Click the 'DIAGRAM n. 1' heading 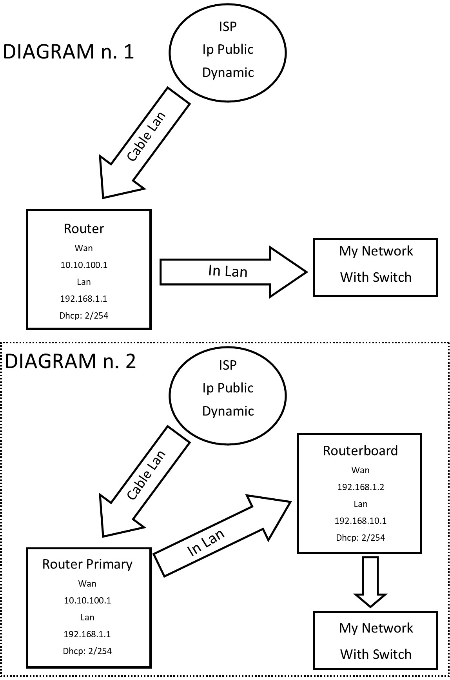click(69, 52)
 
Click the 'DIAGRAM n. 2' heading click(71, 361)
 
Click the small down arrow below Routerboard click(370, 581)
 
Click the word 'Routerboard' click(360, 450)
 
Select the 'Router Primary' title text click(87, 564)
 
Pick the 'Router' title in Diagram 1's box click(84, 229)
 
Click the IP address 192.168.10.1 click(360, 521)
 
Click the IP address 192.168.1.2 click(360, 487)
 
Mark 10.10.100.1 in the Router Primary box click(87, 600)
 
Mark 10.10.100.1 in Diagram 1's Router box click(84, 265)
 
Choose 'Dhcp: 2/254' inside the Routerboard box click(360, 538)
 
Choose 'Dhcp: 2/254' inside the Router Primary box click(87, 651)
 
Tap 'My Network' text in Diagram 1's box click(376, 251)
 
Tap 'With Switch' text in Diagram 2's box click(376, 654)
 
